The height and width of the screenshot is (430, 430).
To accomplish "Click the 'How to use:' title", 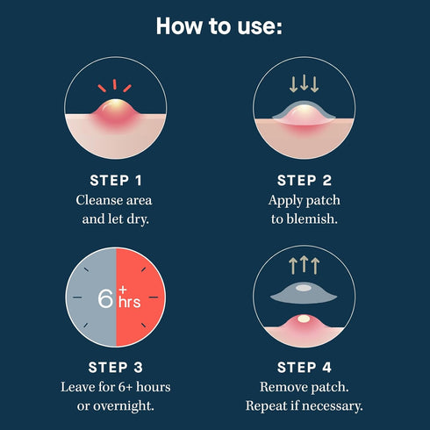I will [219, 25].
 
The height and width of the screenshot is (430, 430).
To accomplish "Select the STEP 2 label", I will [304, 181].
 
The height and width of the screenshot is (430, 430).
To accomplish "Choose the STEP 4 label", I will [304, 367].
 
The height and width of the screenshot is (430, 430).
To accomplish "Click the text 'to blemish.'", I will [304, 218].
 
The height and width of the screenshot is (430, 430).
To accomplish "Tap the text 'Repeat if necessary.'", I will [304, 405].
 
